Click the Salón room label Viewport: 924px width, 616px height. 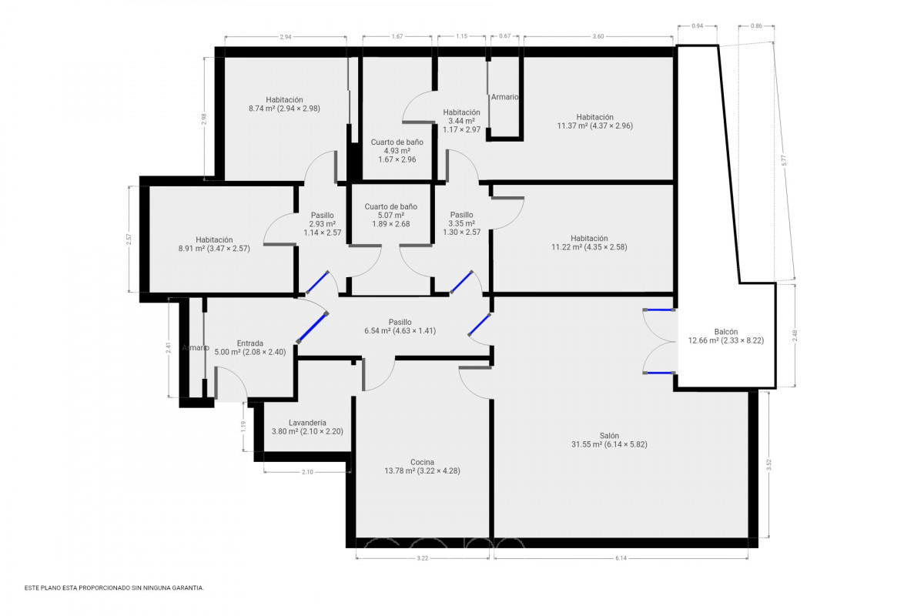pos(609,440)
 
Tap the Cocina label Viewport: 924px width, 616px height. pos(422,466)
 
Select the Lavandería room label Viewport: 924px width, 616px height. pos(307,427)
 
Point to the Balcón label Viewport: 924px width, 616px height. pos(726,336)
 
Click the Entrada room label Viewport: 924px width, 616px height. pos(250,347)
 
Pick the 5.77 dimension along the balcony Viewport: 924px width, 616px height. pos(784,160)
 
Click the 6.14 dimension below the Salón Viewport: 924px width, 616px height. pos(621,558)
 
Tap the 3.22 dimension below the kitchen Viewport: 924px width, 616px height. pos(423,558)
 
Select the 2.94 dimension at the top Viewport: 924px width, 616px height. pos(286,37)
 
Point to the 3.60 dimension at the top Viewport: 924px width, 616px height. pos(598,36)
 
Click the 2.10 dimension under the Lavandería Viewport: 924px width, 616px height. pos(307,472)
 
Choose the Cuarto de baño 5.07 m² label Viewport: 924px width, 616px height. pos(390,215)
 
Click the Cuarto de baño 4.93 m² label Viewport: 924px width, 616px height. pos(397,151)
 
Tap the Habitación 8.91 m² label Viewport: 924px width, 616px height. pos(214,244)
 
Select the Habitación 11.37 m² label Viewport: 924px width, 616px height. pos(594,122)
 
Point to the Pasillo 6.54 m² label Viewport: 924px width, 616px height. pos(400,326)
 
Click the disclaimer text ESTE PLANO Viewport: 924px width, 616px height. pos(114,588)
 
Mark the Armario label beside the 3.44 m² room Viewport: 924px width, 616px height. pos(504,97)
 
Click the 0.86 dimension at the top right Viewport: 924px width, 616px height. pos(756,25)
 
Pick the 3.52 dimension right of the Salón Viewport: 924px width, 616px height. pos(768,465)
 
